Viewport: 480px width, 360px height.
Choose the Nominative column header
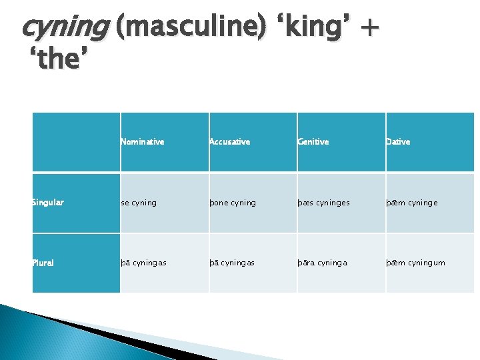(x=143, y=142)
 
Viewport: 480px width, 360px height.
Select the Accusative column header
(x=230, y=142)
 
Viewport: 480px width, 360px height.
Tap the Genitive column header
(x=313, y=142)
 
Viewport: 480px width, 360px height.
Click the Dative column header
(x=398, y=142)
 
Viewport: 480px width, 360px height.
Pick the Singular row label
(x=48, y=203)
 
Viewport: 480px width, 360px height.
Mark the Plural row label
(x=44, y=263)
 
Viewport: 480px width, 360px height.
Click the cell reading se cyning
(x=139, y=203)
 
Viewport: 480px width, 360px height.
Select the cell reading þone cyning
(x=233, y=203)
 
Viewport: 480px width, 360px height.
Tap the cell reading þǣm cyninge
(x=412, y=203)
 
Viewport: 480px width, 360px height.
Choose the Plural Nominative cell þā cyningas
(x=144, y=263)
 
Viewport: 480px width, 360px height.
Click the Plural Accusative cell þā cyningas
(x=232, y=263)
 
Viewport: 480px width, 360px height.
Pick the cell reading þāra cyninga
(x=322, y=263)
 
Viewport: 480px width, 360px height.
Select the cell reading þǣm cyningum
(x=415, y=263)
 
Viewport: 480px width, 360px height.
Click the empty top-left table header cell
(x=76, y=142)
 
